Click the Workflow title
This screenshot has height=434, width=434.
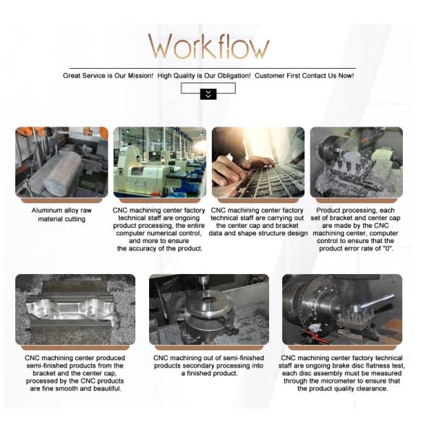click(x=209, y=46)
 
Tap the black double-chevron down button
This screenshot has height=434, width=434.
click(x=208, y=94)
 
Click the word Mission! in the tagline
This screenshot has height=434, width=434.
click(x=140, y=75)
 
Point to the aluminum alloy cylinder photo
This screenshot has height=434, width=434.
click(x=61, y=162)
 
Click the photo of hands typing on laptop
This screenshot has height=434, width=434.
click(x=258, y=162)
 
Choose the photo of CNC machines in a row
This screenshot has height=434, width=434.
click(x=160, y=162)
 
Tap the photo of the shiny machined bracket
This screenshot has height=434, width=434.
click(x=75, y=310)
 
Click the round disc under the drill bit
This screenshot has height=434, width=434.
click(x=209, y=304)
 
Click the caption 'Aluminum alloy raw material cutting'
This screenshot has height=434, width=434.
click(x=61, y=215)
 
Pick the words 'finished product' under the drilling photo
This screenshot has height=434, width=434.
click(x=212, y=373)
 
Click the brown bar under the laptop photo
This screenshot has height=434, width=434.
click(x=258, y=200)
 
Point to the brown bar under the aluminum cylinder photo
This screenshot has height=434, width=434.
click(x=61, y=200)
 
